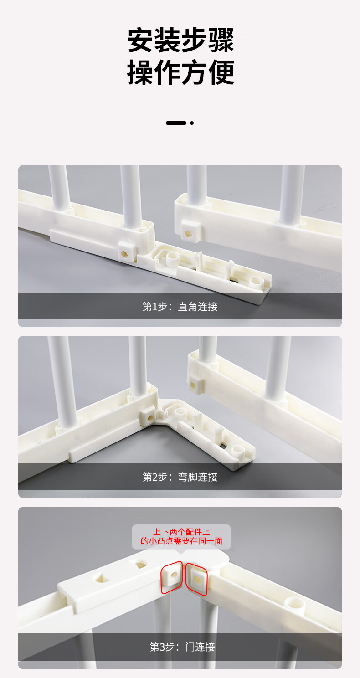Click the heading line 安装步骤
180,41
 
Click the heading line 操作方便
180,72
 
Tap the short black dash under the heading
175,123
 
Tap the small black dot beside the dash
192,123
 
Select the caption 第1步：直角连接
180,307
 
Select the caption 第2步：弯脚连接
180,477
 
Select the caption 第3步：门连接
182,647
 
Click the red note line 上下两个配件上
181,531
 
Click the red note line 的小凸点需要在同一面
181,541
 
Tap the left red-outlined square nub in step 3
172,577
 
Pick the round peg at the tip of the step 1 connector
257,282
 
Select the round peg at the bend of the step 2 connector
181,414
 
